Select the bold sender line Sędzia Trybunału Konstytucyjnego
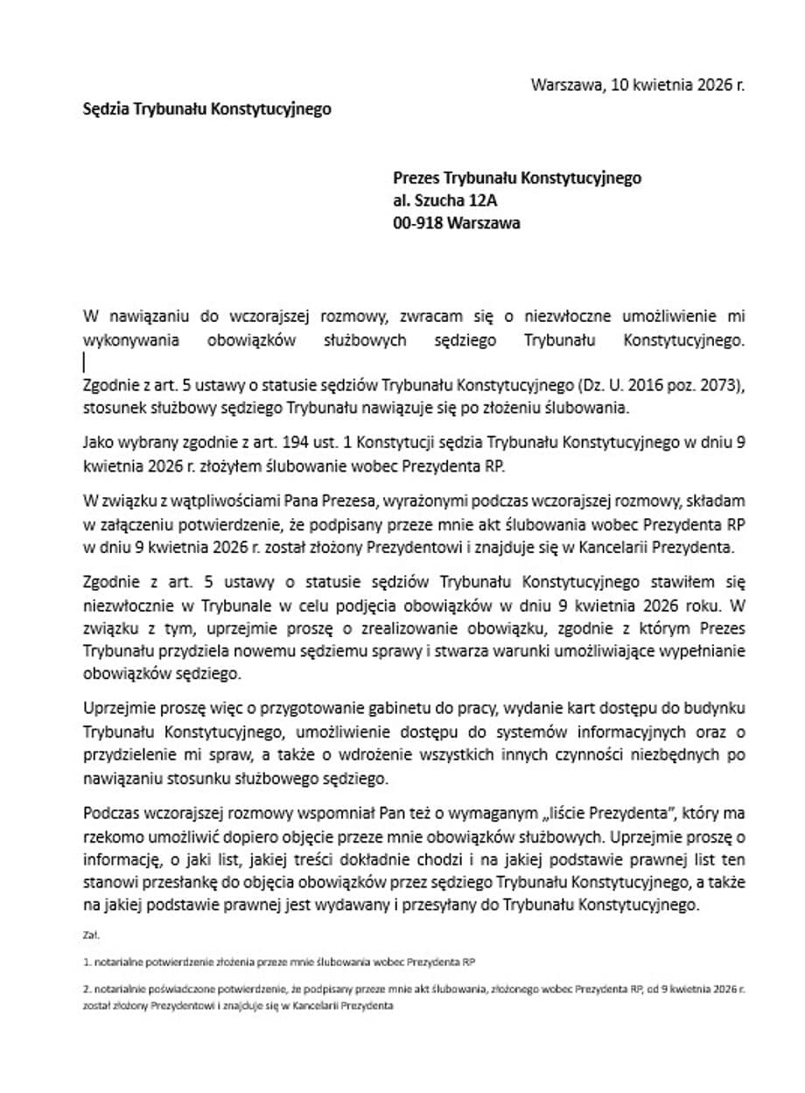pyautogui.click(x=206, y=109)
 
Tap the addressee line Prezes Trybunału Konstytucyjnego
pyautogui.click(x=516, y=179)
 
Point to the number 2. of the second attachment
pyautogui.click(x=88, y=988)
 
